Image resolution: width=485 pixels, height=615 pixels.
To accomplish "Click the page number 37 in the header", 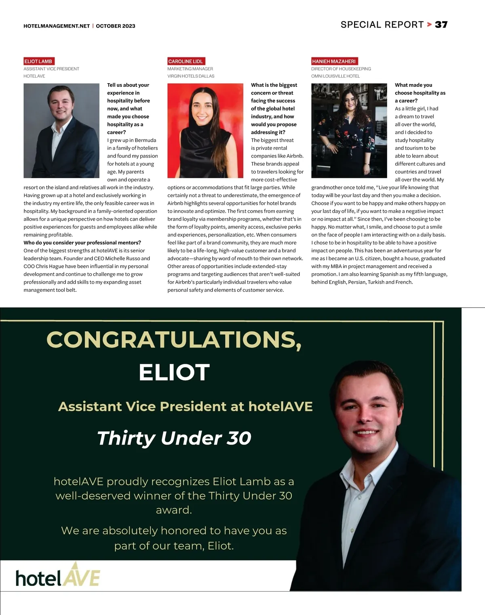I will point(441,25).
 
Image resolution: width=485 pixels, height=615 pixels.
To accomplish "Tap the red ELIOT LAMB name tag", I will point(38,61).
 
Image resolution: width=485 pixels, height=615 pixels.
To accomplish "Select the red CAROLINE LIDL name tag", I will point(186,61).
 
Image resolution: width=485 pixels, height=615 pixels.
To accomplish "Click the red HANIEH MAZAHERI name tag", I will point(334,61).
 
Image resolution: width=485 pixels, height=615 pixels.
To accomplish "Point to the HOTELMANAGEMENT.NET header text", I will point(57,26).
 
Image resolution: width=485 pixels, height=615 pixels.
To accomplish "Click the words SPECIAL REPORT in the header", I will point(382,25).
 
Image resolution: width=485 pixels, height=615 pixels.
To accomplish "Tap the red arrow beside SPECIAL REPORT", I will point(429,25).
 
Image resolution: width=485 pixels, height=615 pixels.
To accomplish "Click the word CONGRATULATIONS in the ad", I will point(174,339).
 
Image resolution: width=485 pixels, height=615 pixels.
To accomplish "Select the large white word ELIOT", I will point(174,372).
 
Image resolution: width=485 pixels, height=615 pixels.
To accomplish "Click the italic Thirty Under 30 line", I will point(174,438).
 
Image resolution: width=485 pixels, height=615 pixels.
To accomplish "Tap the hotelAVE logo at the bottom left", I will point(58,575).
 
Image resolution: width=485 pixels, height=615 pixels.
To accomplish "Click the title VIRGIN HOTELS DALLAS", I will point(191,76).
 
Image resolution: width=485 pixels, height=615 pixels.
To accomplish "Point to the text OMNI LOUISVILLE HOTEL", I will point(335,76).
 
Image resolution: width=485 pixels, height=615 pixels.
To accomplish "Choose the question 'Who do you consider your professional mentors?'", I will point(82,242).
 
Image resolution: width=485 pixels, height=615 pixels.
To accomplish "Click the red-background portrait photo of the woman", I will point(205,131).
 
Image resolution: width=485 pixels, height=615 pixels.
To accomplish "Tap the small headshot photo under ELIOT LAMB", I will point(61,131).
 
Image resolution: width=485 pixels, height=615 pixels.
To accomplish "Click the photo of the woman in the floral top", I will point(349,131).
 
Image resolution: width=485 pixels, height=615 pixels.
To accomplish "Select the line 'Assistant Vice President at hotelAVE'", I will point(186,406).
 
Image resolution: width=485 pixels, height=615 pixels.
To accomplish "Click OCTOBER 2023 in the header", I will point(116,26).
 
